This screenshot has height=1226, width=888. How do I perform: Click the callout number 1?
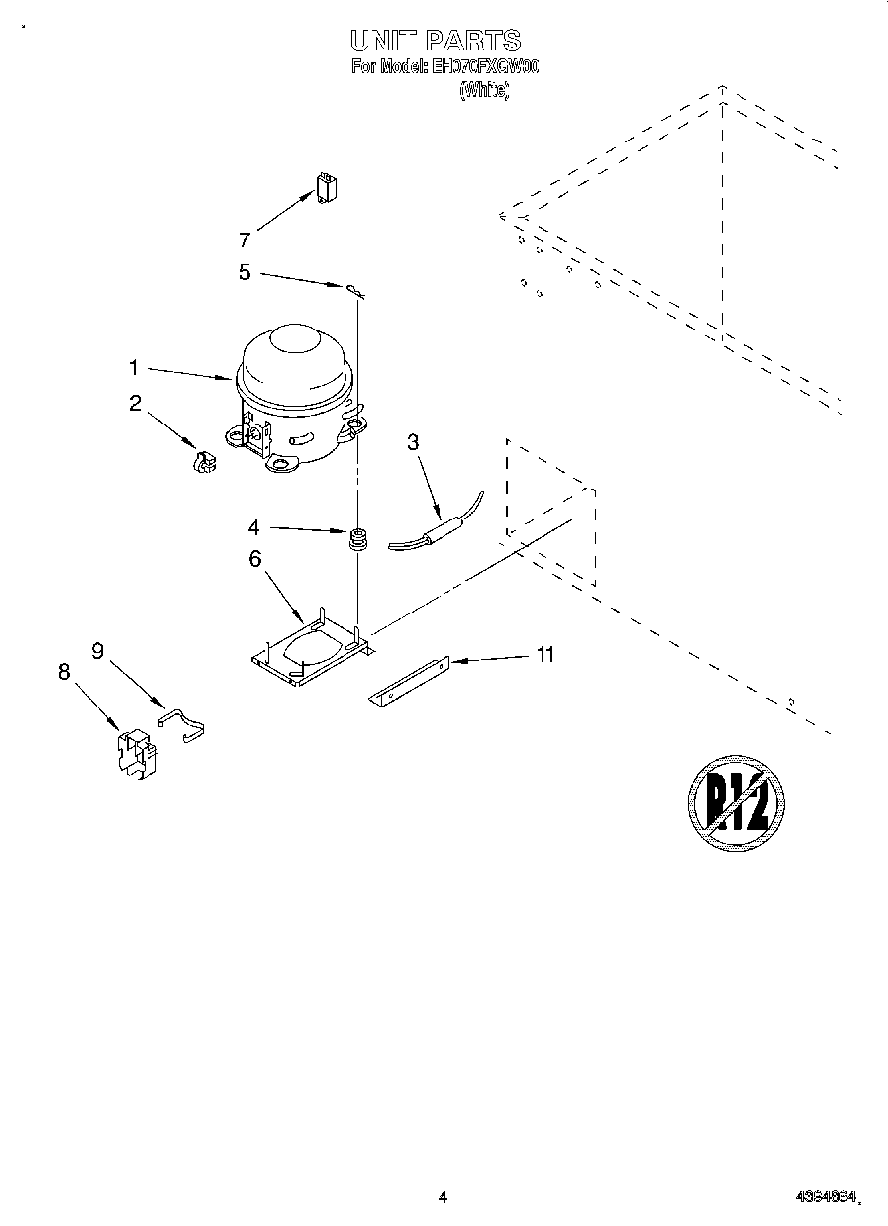click(134, 368)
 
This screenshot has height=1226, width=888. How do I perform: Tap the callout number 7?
click(245, 239)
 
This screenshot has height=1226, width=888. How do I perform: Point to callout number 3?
click(413, 442)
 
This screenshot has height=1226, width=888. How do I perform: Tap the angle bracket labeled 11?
click(410, 683)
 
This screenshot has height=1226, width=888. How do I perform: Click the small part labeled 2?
click(203, 462)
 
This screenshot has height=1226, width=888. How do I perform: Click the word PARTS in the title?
click(472, 41)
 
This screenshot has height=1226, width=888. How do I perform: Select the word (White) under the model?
click(484, 91)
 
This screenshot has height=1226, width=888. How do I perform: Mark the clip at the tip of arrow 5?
click(355, 289)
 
